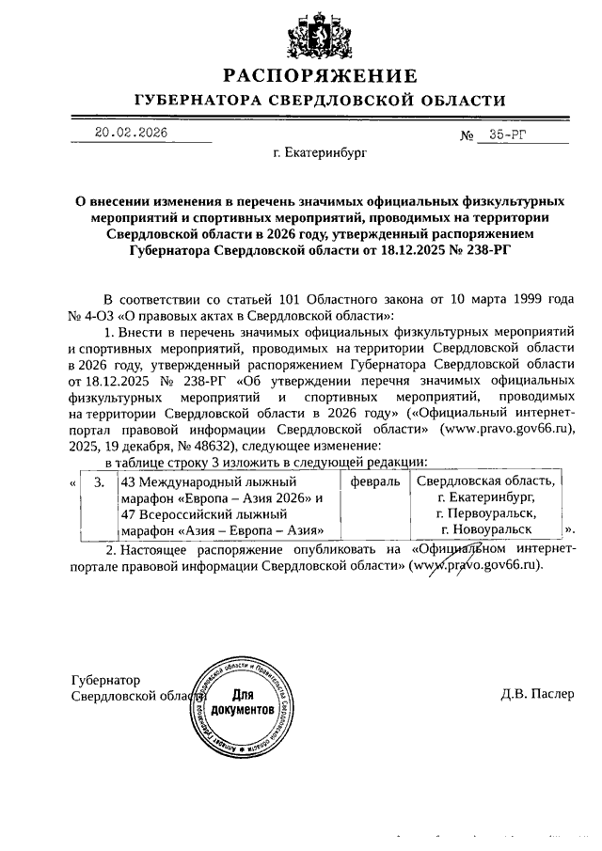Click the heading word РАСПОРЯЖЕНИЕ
pyautogui.click(x=319, y=76)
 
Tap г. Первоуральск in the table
pyautogui.click(x=486, y=513)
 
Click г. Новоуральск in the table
pyautogui.click(x=486, y=530)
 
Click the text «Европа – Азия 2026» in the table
pyautogui.click(x=247, y=497)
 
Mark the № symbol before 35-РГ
pyautogui.click(x=467, y=135)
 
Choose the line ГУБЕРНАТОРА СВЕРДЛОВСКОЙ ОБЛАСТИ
pyautogui.click(x=319, y=100)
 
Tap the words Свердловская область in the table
pyautogui.click(x=486, y=481)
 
